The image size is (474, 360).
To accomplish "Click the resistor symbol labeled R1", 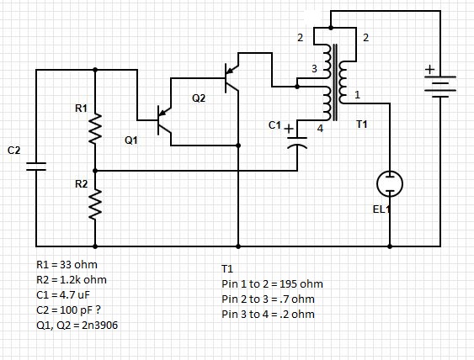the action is pos(95,128).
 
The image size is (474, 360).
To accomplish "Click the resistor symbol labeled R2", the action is pos(95,204).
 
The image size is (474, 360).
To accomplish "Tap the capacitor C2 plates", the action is pos(36,167).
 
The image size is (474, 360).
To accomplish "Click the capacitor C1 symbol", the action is pos(297,142).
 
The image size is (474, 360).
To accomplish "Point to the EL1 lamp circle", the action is pos(390,183).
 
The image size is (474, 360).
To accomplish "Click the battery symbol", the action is pos(440,87).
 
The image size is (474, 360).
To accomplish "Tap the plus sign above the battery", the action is pos(429,70).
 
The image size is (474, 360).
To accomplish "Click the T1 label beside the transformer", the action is pos(362,124).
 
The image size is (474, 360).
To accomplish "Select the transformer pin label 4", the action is pos(320,129).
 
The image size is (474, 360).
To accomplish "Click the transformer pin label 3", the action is pos(314,69).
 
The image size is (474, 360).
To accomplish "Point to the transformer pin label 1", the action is pos(357,95).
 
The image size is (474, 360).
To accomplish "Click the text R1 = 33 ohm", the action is pos(67,265).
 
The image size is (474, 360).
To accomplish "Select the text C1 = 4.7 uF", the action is pos(63,294).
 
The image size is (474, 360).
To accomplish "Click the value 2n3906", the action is pos(99,326).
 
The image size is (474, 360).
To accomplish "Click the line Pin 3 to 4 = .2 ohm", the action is pos(268,314).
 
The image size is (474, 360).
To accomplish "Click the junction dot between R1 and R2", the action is pos(95,171).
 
